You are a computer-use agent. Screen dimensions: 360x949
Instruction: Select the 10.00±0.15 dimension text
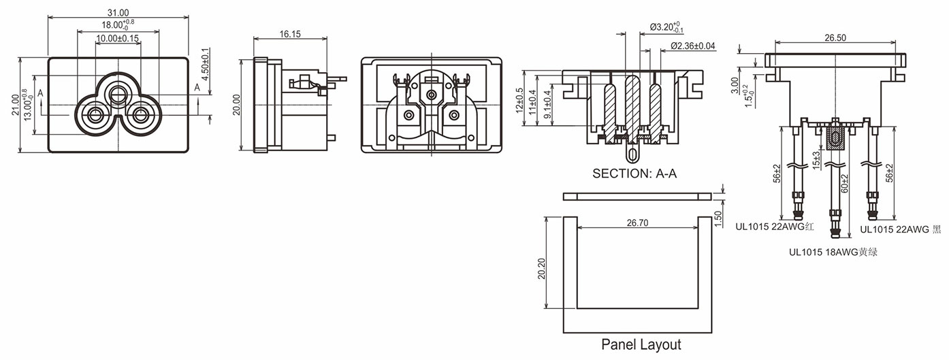point(118,39)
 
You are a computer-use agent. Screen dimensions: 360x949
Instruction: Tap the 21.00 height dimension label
point(15,105)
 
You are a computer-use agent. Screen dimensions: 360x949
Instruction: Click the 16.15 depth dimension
point(289,33)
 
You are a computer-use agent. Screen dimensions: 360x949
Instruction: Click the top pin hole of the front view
point(118,91)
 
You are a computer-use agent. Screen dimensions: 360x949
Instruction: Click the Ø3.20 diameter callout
point(666,28)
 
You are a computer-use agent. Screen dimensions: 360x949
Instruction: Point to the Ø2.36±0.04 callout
point(693,46)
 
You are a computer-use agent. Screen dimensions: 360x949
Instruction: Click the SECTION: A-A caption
point(634,174)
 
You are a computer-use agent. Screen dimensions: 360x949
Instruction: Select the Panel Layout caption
point(641,344)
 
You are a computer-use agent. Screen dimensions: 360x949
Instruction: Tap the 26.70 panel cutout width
point(638,222)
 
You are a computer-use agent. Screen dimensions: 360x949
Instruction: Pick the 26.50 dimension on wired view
point(835,38)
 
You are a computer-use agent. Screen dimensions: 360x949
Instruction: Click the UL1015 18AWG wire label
point(832,252)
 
